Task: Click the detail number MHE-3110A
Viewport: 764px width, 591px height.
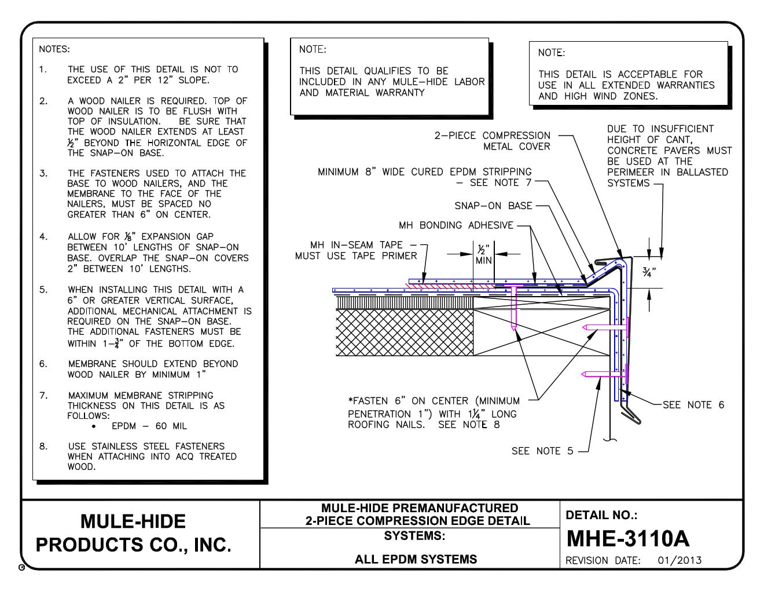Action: click(x=627, y=539)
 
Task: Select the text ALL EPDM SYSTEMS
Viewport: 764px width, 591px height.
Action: click(x=416, y=559)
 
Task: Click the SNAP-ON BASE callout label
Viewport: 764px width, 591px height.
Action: click(x=493, y=206)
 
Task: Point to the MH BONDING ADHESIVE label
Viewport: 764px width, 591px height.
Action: click(x=456, y=225)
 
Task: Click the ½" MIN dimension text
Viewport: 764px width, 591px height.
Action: click(x=484, y=255)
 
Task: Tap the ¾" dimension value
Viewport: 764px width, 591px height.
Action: click(x=649, y=273)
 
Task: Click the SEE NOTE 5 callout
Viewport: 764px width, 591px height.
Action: click(x=542, y=451)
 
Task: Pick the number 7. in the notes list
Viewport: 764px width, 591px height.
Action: click(x=43, y=395)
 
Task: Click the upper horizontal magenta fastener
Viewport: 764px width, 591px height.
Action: click(x=605, y=328)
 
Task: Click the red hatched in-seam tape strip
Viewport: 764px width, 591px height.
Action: click(x=446, y=285)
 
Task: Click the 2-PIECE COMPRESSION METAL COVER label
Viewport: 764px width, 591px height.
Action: click(x=493, y=141)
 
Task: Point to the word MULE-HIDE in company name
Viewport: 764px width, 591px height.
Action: click(x=133, y=521)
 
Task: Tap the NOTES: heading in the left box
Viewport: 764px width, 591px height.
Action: click(x=54, y=49)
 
